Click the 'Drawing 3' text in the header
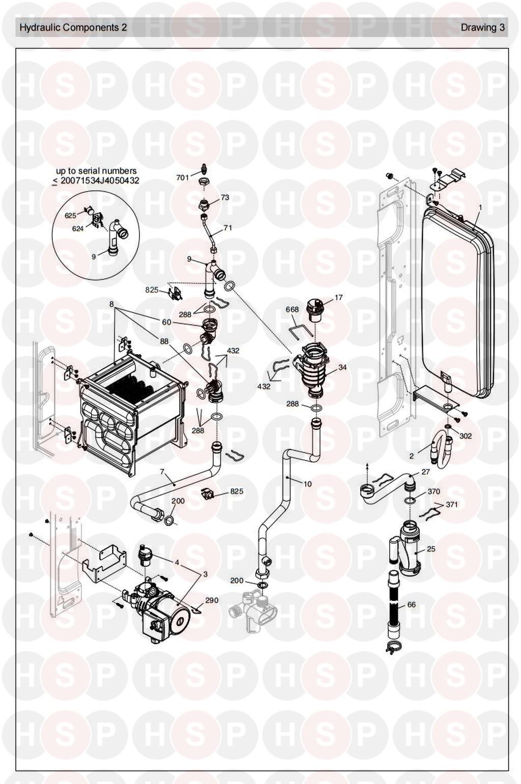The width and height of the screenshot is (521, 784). pos(482,27)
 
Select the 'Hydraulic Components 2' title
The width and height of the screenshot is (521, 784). pos(73,27)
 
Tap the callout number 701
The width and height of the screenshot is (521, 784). pos(183,178)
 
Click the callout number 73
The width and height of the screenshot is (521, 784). pos(225,197)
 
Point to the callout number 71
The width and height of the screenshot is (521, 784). pos(228,228)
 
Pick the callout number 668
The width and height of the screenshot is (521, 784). pos(292,310)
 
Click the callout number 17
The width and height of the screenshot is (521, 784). pos(338,298)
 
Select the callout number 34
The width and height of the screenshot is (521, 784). pos(342,367)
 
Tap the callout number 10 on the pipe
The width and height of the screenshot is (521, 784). pos(307,484)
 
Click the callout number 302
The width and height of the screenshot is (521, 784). pos(465,436)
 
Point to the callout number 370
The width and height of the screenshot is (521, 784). pos(433,491)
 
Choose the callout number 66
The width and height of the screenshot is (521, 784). pos(412,604)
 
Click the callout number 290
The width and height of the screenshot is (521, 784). pos(211,600)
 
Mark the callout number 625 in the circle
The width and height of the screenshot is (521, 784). pos(70,216)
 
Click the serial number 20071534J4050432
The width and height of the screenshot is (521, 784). pos(100,181)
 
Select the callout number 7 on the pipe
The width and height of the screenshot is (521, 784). pos(162,472)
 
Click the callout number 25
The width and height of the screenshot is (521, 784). pos(431,549)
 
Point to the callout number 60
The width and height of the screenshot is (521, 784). pos(167,322)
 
